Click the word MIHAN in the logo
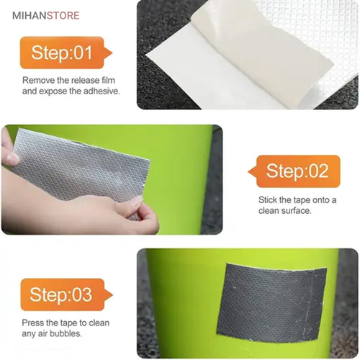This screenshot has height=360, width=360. (30, 16)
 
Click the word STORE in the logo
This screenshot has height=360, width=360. (63, 16)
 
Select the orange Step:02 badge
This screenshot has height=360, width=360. (294, 171)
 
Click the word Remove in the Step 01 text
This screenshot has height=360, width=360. (38, 80)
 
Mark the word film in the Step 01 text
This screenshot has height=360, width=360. (108, 80)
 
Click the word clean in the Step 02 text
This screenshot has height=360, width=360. (269, 211)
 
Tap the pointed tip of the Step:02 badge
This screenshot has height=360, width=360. (248, 171)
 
